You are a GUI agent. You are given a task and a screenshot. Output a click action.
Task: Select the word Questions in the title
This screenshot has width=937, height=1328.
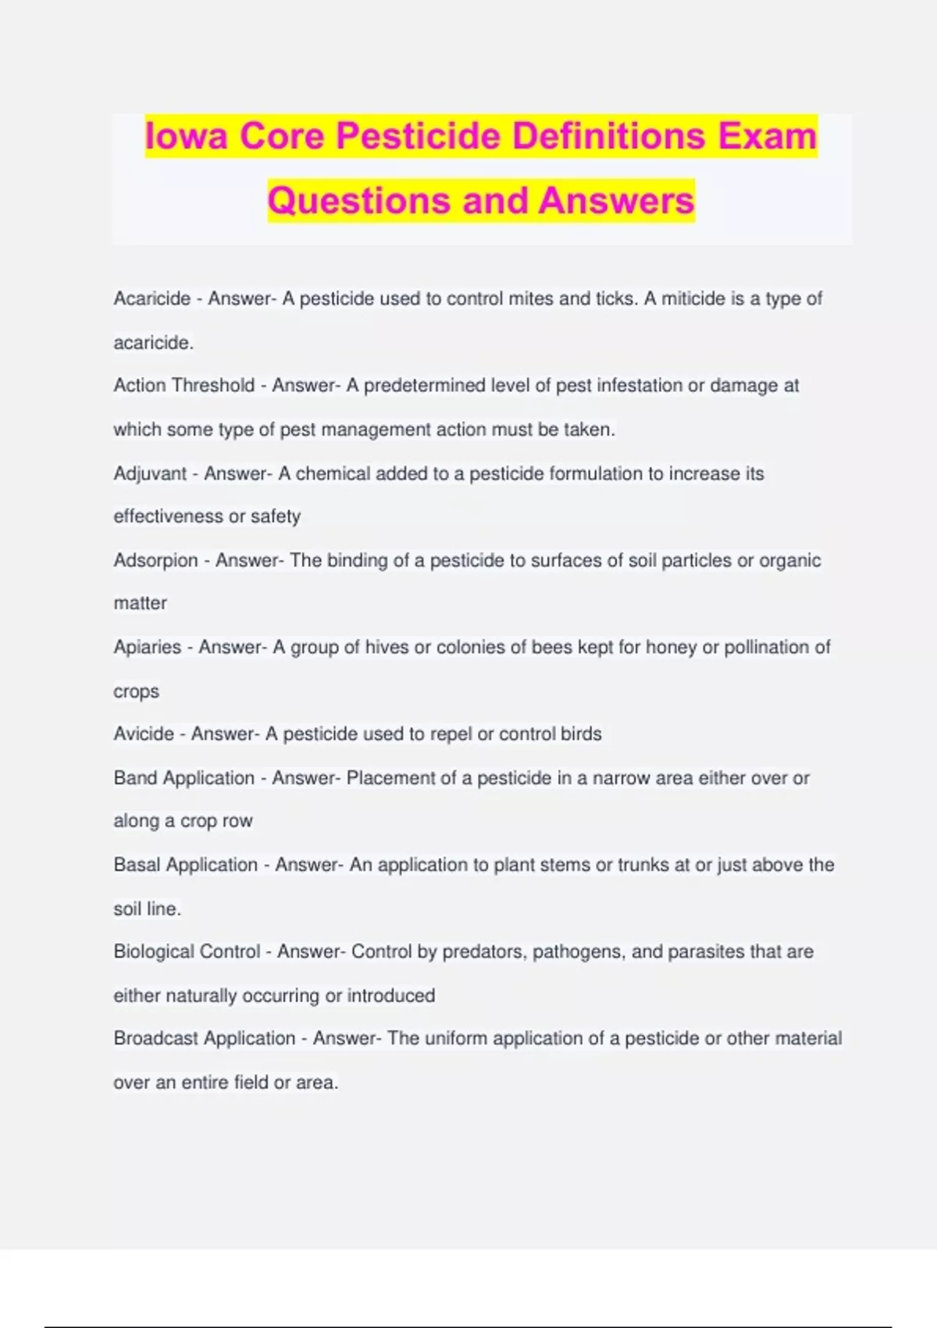(x=358, y=201)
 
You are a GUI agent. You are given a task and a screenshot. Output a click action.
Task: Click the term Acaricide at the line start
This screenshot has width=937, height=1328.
(x=152, y=298)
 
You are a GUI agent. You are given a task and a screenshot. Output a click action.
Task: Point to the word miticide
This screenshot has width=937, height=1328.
(x=693, y=298)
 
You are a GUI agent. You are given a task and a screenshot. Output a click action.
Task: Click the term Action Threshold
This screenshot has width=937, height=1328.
(x=184, y=385)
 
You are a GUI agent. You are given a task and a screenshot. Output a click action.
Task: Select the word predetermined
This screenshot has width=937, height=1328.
(x=425, y=385)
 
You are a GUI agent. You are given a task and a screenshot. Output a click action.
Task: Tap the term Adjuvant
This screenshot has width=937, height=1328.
(x=150, y=473)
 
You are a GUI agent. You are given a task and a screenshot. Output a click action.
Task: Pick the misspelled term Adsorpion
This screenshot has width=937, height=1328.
(x=155, y=560)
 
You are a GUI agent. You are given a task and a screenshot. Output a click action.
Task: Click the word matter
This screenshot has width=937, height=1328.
(x=141, y=603)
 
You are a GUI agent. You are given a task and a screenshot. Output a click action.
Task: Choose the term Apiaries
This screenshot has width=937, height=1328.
(x=148, y=647)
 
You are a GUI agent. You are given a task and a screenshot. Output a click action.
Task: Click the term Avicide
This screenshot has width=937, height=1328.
(x=144, y=734)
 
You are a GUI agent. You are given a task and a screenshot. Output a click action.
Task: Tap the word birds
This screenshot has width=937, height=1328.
(x=581, y=734)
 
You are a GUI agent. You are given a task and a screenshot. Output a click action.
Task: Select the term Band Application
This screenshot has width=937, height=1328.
(x=184, y=778)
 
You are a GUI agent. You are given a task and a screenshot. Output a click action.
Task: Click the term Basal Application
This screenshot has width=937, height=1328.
(x=186, y=865)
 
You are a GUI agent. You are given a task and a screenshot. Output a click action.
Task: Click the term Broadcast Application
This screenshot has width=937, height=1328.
(x=205, y=1038)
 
